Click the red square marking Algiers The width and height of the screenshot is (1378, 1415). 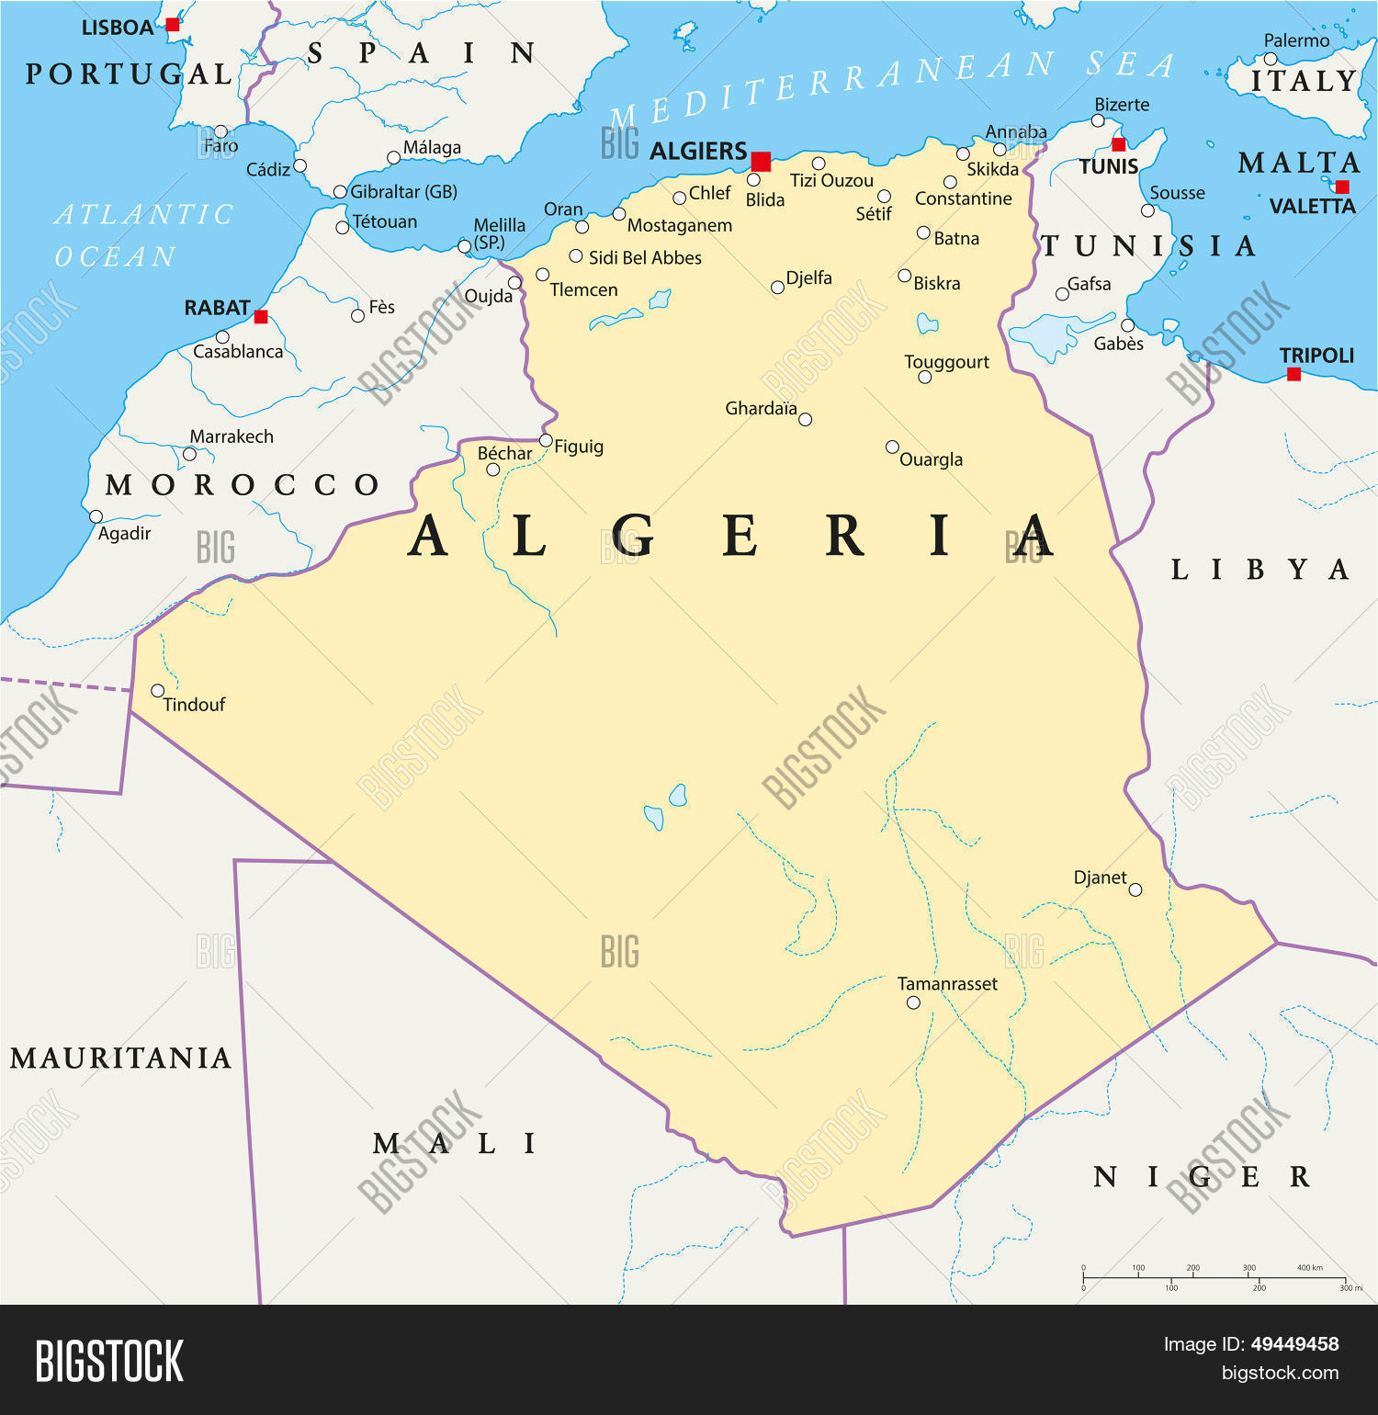[x=761, y=162]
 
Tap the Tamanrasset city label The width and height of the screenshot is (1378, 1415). [x=947, y=984]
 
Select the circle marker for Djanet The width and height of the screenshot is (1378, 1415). [x=1135, y=889]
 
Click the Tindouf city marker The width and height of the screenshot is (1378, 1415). [x=158, y=691]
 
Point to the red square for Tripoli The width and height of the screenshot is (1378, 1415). [x=1293, y=374]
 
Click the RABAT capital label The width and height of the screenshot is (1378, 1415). [x=217, y=308]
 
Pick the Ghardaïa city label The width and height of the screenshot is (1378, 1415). [x=761, y=408]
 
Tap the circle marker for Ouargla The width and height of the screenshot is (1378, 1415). [x=892, y=447]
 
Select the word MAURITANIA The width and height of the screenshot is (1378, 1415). [x=120, y=1058]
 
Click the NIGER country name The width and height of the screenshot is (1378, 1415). [x=1201, y=1177]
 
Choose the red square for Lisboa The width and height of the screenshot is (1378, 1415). [x=173, y=25]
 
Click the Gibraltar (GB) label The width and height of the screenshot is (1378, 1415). [x=403, y=192]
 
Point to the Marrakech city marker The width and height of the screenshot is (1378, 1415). [x=189, y=454]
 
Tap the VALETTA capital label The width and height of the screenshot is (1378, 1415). [x=1312, y=207]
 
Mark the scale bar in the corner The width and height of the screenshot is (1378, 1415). [x=1214, y=1278]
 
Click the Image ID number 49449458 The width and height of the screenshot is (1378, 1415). [x=1294, y=1344]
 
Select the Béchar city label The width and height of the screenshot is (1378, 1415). [x=504, y=453]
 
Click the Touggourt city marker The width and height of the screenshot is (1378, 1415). [x=925, y=377]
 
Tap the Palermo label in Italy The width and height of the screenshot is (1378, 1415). [x=1296, y=40]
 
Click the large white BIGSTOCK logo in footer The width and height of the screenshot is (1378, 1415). [x=109, y=1361]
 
